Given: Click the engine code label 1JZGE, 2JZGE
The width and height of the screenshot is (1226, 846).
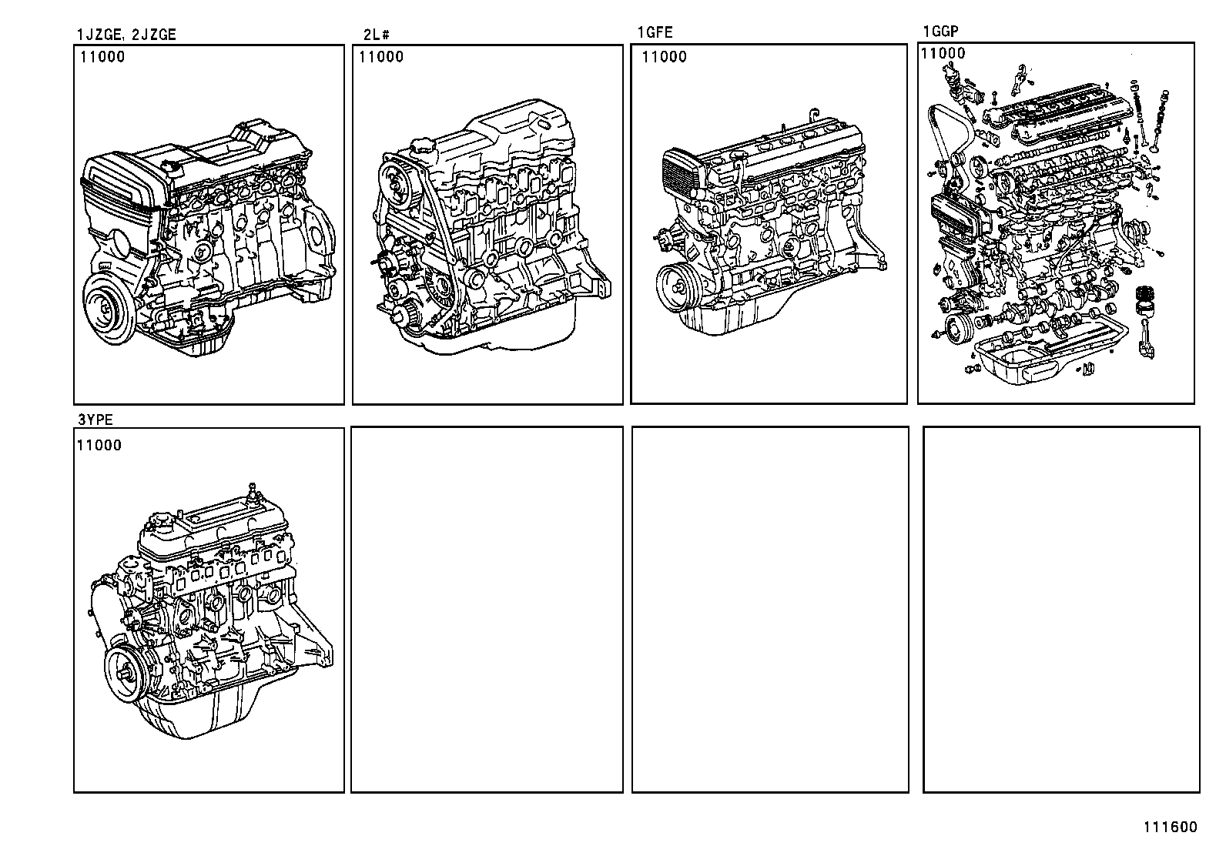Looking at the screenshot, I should (126, 34).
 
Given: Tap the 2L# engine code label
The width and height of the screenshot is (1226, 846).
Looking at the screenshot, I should (377, 34).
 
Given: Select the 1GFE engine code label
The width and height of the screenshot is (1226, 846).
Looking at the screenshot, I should (655, 32).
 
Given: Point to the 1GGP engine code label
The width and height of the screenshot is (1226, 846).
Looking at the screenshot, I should (940, 32).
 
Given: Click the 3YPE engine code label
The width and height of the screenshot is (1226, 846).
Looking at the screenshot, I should (95, 419).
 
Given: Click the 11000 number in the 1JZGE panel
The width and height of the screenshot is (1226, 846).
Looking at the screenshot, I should (101, 56).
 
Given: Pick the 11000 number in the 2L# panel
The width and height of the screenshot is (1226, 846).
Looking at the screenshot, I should (380, 56).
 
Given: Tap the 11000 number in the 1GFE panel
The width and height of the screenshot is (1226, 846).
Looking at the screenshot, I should (664, 56).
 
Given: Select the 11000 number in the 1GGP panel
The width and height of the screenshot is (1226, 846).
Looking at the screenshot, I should (943, 53).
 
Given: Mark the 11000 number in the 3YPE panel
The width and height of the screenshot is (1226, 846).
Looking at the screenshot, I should (98, 445).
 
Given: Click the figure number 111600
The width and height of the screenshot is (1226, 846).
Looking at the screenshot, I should (1170, 828).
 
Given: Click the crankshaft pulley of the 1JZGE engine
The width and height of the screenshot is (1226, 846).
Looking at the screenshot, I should (107, 307).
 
